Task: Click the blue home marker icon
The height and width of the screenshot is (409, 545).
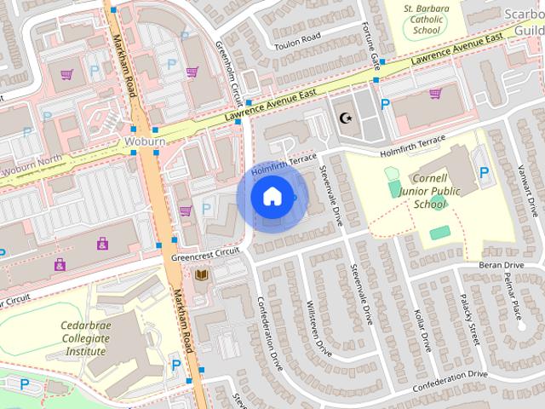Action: click(x=272, y=196)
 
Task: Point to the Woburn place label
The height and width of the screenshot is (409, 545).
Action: click(x=143, y=140)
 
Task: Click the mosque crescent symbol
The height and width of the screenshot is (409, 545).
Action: click(x=345, y=117)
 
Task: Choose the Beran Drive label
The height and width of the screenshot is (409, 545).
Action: click(x=501, y=266)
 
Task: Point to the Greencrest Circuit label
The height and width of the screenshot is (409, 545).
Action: click(x=205, y=254)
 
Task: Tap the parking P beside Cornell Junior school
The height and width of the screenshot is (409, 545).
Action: click(x=484, y=173)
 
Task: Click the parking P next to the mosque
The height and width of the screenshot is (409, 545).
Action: click(x=385, y=105)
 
